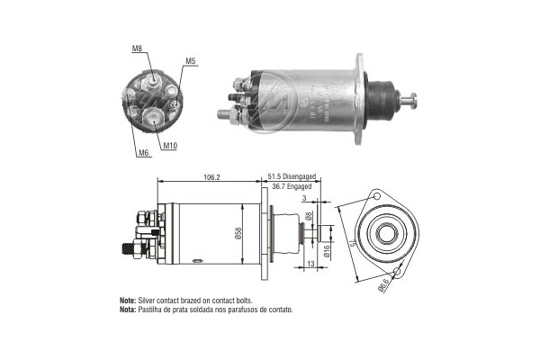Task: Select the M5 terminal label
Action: coord(191,61)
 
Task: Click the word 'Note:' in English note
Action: coord(127,300)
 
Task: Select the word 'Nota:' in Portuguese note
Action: coord(127,309)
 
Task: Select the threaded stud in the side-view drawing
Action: coord(126,245)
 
